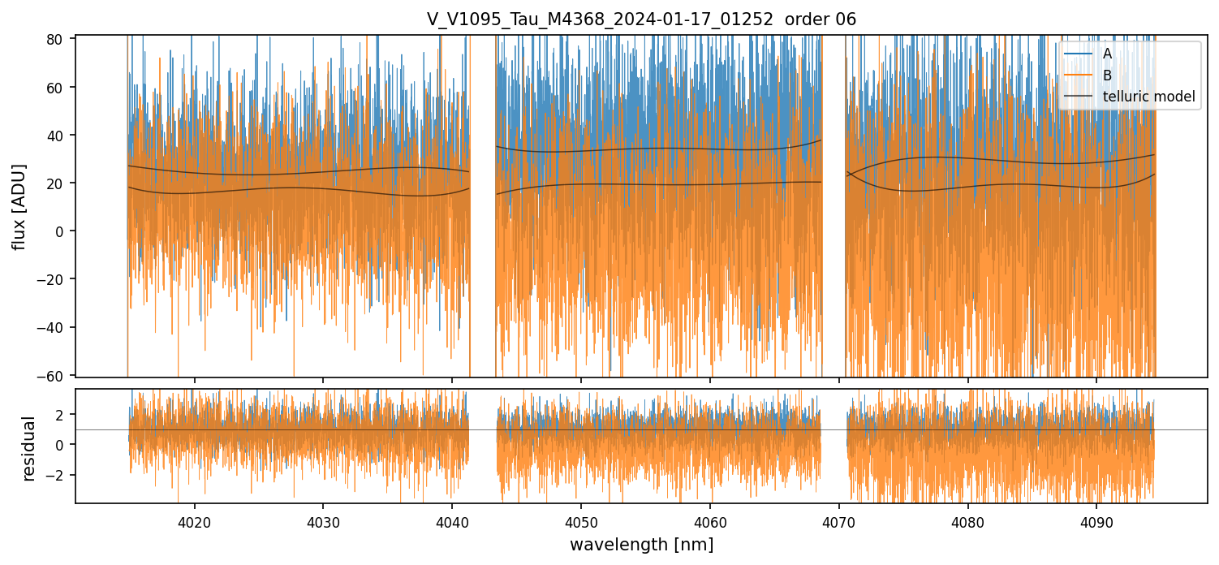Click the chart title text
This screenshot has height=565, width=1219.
[x=641, y=19]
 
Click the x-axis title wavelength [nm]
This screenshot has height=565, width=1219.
[x=641, y=545]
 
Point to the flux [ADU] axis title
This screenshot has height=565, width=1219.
[x=19, y=206]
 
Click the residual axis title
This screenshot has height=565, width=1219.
[x=29, y=448]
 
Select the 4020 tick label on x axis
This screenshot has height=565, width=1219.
[x=194, y=520]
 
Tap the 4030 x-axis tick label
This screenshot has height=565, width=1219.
[x=323, y=520]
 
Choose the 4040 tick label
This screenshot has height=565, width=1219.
[x=452, y=520]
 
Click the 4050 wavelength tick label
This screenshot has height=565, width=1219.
[x=581, y=520]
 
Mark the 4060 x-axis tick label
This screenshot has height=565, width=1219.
[x=710, y=520]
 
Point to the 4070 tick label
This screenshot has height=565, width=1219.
[x=838, y=520]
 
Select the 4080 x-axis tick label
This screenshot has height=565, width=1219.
[x=967, y=520]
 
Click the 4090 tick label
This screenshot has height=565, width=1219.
[x=1096, y=520]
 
